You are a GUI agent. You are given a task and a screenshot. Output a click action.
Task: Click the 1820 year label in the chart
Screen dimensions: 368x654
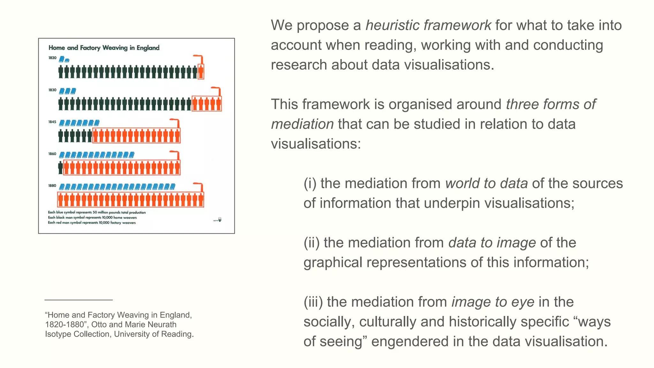pos(52,58)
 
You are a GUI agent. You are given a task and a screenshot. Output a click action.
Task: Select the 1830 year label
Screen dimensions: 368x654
pos(52,90)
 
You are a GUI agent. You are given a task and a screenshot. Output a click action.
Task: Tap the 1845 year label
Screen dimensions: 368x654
pos(52,122)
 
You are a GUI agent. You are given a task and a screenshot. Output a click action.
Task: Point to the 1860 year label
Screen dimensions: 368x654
pos(52,154)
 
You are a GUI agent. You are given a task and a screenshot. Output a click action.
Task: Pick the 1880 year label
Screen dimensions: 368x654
pos(52,186)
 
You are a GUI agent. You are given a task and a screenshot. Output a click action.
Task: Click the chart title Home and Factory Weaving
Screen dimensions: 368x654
pos(104,48)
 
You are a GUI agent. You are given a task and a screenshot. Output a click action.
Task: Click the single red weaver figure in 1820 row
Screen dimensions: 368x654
pos(201,72)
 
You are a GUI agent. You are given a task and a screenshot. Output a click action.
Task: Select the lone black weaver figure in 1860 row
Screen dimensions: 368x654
pos(60,168)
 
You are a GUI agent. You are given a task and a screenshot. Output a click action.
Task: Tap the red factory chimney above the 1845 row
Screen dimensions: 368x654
pos(175,123)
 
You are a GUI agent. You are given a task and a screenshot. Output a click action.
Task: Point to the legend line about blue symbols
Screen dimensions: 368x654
pos(97,212)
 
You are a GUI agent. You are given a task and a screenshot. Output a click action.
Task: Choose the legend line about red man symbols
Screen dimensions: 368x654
pos(92,223)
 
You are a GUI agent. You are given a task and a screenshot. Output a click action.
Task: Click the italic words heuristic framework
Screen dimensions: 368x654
pos(428,26)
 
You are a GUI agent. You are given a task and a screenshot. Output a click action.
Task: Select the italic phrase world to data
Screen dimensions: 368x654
pos(486,184)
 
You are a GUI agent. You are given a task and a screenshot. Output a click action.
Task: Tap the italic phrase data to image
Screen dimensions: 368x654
pos(492,243)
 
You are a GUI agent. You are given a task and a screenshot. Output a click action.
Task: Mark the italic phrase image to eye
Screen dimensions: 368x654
pos(493,302)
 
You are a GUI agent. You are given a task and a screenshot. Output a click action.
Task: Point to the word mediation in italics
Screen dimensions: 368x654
pos(302,124)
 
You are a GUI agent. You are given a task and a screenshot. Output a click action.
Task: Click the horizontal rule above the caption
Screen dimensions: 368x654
pos(79,300)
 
